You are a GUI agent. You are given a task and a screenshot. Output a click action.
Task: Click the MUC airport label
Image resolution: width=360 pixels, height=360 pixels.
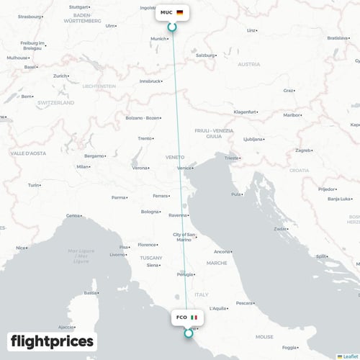coord(166,12)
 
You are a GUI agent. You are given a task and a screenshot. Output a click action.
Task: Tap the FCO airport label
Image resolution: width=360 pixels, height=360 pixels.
coord(181,317)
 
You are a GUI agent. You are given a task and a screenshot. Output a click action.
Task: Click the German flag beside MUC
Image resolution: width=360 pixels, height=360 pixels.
coord(179,12)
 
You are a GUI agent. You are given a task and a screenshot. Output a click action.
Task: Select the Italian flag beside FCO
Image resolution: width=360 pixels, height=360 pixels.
coord(194,317)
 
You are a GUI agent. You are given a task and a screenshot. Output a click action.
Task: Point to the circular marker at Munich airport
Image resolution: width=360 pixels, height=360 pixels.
coord(171,27)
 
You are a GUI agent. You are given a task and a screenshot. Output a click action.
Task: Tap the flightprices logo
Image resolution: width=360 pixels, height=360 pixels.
coord(53,341)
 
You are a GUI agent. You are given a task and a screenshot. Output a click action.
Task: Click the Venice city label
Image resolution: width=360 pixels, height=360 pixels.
coord(185,168)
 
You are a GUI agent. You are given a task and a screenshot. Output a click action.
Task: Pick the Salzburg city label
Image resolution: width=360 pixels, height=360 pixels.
coord(206,55)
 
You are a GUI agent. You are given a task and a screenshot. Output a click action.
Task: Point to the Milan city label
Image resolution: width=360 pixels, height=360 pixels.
coord(83,166)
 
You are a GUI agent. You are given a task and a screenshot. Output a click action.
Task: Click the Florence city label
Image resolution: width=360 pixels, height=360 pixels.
coord(148,245)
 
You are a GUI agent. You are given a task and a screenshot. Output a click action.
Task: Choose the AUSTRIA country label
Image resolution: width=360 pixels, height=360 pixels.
coord(249,64)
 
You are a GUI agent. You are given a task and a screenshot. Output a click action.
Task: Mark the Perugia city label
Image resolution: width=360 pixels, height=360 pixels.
coord(185,274)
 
